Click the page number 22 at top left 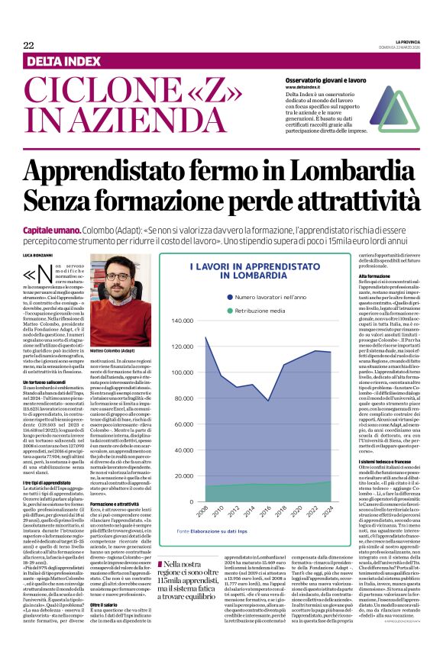click(x=28, y=45)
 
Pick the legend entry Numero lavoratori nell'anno click(x=273, y=296)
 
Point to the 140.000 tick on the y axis click(x=183, y=321)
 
